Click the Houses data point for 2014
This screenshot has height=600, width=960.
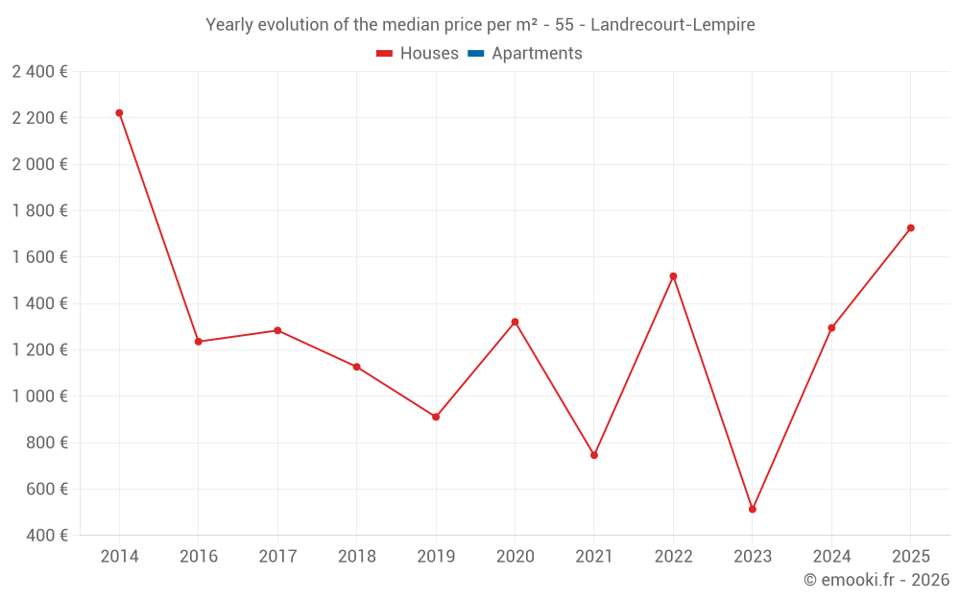click(119, 113)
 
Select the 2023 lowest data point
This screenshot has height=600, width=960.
click(753, 510)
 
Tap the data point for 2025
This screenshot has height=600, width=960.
click(910, 228)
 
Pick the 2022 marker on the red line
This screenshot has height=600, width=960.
click(674, 276)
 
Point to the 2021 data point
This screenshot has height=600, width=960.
click(594, 455)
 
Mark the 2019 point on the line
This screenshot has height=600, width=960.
click(436, 417)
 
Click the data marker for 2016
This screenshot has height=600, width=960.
click(199, 342)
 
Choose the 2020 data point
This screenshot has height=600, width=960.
click(515, 322)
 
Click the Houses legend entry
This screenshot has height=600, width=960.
click(418, 53)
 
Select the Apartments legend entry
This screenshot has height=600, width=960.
click(525, 53)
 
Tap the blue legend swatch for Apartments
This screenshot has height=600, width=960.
click(476, 54)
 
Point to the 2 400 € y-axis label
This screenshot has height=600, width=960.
click(39, 72)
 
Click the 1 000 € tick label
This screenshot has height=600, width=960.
click(39, 396)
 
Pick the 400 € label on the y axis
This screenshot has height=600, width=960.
click(47, 535)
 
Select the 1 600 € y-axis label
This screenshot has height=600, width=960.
click(39, 257)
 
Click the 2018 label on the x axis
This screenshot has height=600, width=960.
click(357, 556)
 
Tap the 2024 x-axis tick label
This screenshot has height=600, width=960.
click(831, 556)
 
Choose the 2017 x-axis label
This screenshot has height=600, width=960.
click(278, 556)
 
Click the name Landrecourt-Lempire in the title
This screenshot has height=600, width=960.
click(673, 25)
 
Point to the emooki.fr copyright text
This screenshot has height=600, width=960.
click(876, 579)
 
